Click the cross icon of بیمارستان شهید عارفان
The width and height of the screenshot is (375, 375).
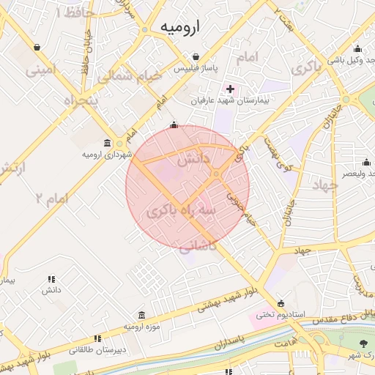tap(230, 88)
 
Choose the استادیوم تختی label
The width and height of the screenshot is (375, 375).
tap(275, 315)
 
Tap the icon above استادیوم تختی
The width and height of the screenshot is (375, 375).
tap(281, 304)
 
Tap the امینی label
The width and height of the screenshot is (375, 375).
tap(41, 71)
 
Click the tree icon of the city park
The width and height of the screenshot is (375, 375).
tap(364, 344)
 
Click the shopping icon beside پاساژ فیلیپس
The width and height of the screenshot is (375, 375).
tap(196, 56)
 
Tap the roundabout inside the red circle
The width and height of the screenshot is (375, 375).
tap(218, 174)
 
